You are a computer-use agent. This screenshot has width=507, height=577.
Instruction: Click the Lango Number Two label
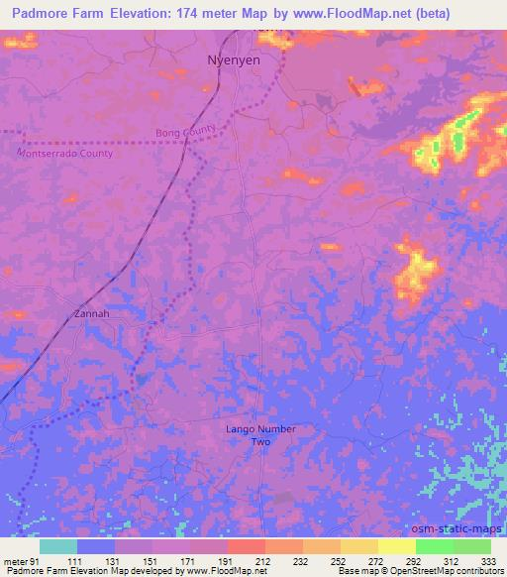259,435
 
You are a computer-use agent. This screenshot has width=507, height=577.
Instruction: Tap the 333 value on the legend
489,560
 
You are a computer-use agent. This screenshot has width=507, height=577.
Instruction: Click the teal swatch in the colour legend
58,546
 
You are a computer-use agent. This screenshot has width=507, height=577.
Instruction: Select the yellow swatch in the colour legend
396,546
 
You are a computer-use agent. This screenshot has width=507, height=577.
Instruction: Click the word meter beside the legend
14,560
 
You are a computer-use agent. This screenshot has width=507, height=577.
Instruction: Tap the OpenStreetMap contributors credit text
450,571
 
